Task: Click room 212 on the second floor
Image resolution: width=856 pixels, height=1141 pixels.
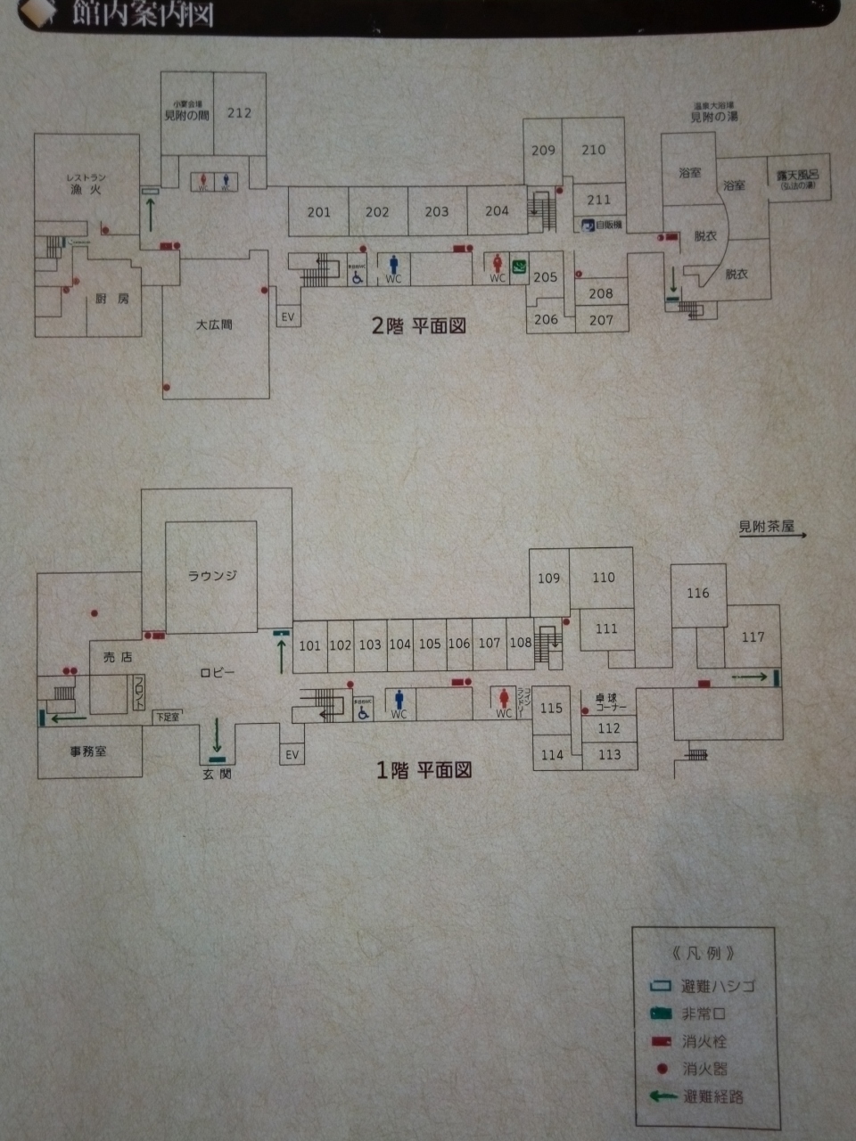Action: pyautogui.click(x=239, y=113)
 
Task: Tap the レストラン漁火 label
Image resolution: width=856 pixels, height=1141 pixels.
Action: pyautogui.click(x=86, y=184)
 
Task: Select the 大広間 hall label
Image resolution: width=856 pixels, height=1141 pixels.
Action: pyautogui.click(x=214, y=325)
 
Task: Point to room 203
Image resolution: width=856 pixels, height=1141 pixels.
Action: pyautogui.click(x=437, y=212)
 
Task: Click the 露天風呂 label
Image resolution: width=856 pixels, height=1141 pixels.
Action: pyautogui.click(x=797, y=177)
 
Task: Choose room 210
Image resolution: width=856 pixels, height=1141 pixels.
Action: pyautogui.click(x=594, y=151)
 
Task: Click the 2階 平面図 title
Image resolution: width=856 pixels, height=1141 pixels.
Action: pyautogui.click(x=418, y=326)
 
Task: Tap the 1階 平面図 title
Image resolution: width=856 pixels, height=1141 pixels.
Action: pyautogui.click(x=423, y=770)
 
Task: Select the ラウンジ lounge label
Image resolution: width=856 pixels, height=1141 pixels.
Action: pyautogui.click(x=212, y=576)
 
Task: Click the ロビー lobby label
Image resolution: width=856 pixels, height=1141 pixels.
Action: pyautogui.click(x=217, y=672)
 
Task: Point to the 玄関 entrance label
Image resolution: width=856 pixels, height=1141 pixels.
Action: pyautogui.click(x=217, y=775)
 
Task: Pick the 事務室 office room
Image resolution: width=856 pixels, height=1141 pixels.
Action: pyautogui.click(x=88, y=752)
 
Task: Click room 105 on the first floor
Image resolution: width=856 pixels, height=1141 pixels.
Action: pyautogui.click(x=430, y=644)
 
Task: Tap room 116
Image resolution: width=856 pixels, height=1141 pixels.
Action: pyautogui.click(x=698, y=593)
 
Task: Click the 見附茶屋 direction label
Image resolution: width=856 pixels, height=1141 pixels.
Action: pyautogui.click(x=766, y=527)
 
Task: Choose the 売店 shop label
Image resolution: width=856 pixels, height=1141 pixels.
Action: pyautogui.click(x=117, y=657)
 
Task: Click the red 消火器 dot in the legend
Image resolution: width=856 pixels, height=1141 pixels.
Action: pyautogui.click(x=662, y=1068)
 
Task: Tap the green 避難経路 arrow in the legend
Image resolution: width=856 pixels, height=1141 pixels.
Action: pyautogui.click(x=663, y=1096)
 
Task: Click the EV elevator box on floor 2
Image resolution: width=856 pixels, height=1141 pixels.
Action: pyautogui.click(x=287, y=316)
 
